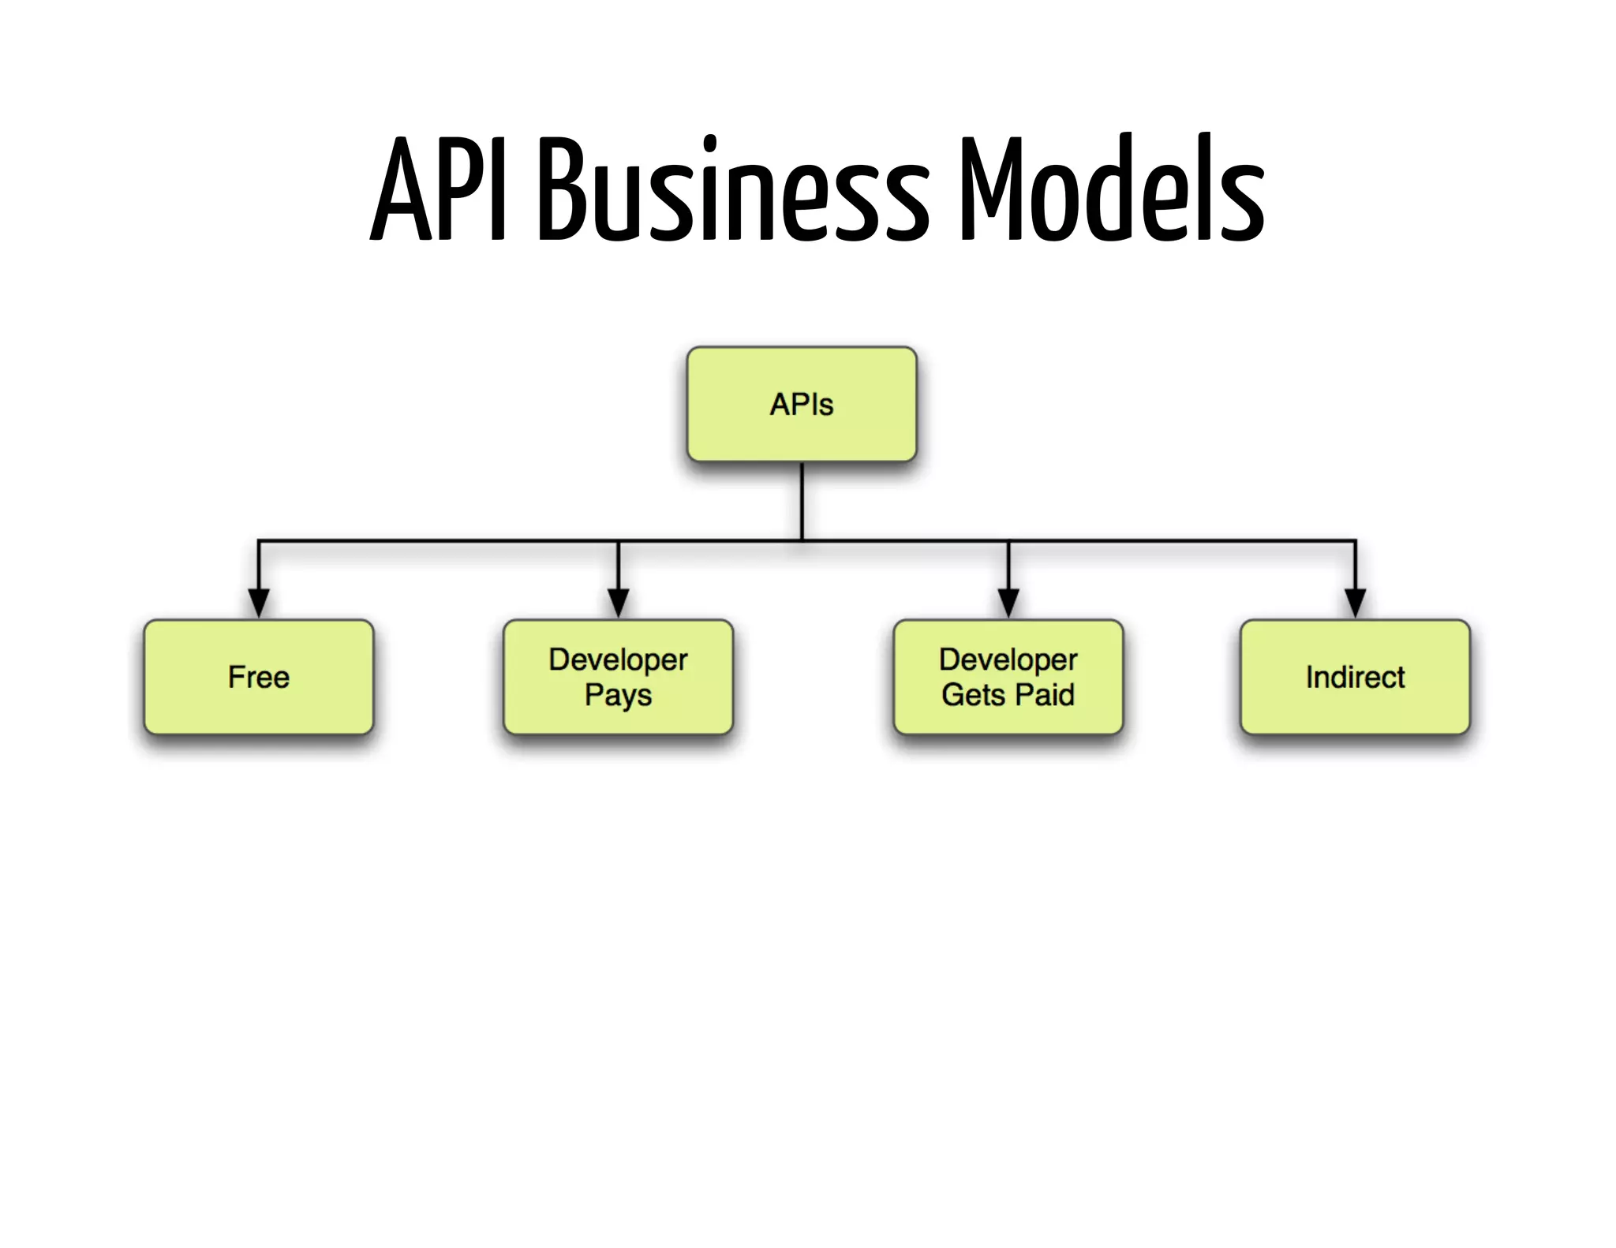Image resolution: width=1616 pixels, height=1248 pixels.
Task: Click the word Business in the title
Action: point(734,189)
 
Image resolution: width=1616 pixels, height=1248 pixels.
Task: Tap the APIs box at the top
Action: point(802,404)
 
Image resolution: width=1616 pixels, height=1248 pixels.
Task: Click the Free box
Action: point(258,677)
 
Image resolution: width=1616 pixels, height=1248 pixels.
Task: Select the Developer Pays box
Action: point(618,677)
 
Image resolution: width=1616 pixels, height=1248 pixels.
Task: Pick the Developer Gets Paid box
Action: point(1008,677)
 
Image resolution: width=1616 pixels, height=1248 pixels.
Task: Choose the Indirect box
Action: point(1355,677)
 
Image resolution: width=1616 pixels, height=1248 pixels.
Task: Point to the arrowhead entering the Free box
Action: point(259,603)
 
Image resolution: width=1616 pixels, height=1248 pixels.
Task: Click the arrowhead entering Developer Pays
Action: point(619,603)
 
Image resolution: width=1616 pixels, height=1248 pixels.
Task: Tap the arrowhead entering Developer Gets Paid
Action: point(1008,603)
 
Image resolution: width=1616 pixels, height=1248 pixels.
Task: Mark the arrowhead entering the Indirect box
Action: point(1356,603)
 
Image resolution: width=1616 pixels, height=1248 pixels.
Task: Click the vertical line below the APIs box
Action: point(802,501)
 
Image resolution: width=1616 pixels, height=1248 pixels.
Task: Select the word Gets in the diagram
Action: point(973,695)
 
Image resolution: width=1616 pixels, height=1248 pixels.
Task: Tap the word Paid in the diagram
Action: point(1045,695)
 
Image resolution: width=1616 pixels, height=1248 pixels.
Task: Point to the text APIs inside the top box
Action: point(802,404)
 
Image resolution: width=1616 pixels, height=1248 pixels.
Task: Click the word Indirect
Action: point(1355,677)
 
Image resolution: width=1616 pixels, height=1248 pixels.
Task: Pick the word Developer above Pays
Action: point(618,659)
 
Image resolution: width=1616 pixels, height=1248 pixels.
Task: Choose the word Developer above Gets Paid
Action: point(1008,659)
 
